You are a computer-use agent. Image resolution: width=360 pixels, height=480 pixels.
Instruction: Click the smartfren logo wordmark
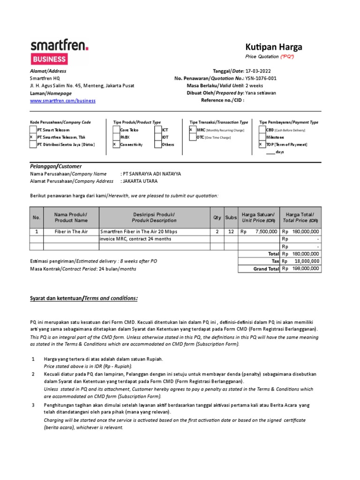pos(59,46)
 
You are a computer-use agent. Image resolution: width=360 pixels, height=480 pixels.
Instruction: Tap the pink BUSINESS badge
pos(49,60)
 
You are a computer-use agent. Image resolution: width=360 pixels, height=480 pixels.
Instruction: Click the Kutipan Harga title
pos(274,47)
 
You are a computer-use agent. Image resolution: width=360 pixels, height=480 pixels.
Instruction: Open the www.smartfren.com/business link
pos(63,100)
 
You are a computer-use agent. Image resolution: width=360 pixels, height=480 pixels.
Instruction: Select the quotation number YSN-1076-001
pos(261,78)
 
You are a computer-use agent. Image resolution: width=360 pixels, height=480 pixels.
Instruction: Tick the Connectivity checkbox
pos(116,145)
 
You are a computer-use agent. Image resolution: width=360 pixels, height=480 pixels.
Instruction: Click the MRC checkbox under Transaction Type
pos(192,129)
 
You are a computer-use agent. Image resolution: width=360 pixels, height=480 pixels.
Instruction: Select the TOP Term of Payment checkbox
pos(262,145)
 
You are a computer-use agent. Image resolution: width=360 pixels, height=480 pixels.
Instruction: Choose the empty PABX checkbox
pos(116,137)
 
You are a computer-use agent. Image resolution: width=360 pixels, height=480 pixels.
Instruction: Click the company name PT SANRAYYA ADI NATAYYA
pos(150,173)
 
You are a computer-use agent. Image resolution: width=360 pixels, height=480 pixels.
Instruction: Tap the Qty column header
pos(217,217)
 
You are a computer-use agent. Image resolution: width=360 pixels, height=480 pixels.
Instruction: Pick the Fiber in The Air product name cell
pos(71,232)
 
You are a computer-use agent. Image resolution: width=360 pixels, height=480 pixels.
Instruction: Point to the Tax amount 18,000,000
pos(307,261)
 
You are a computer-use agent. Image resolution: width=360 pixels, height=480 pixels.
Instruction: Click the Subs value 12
pos(231,232)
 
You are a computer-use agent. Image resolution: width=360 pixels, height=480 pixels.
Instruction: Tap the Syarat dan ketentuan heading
pos(84,299)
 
